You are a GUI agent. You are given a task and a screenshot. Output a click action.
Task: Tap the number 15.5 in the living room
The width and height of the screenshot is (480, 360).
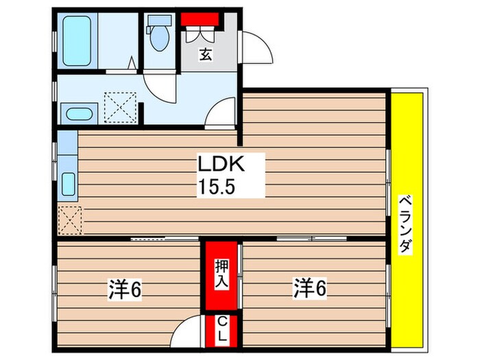221,186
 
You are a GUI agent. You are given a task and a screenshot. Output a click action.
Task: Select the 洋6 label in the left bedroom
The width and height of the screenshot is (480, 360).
125,290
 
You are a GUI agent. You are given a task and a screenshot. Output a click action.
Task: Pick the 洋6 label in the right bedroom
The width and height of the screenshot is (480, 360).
311,287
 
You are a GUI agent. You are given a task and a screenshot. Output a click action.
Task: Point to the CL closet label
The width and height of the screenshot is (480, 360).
222,329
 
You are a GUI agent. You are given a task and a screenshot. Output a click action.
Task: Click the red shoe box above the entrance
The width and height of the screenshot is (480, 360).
200,19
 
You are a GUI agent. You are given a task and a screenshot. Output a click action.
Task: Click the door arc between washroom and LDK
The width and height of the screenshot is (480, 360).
224,111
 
